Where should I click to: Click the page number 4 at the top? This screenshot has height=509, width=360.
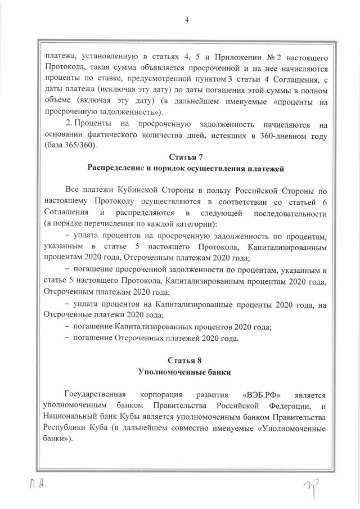point(186,20)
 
